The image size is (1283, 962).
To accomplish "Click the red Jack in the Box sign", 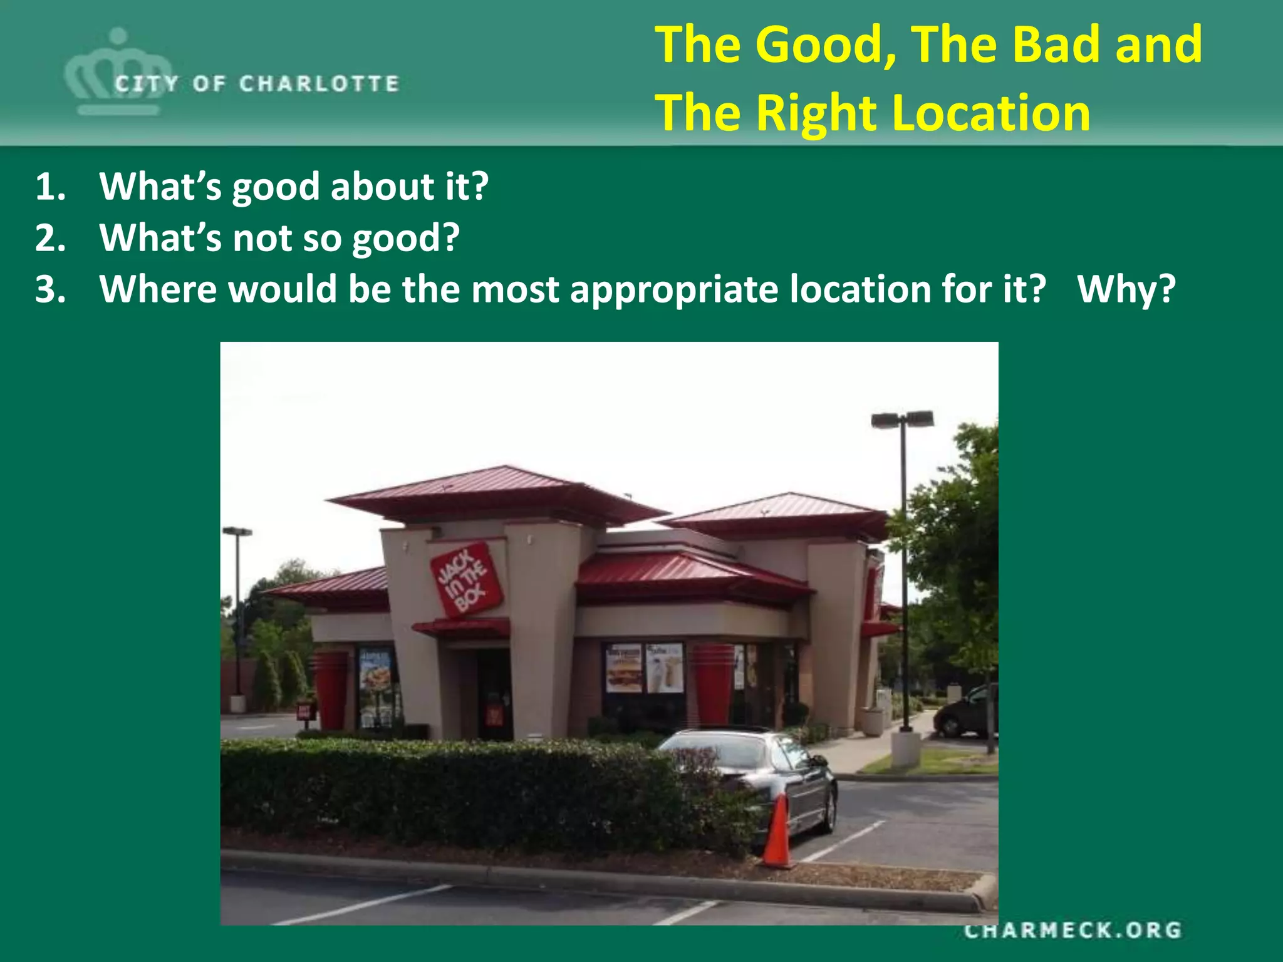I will click(x=467, y=579).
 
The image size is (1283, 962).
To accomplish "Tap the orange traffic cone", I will click(x=778, y=833).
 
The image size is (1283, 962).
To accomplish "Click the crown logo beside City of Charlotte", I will click(x=117, y=72).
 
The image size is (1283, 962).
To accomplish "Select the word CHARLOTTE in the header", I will click(x=319, y=83).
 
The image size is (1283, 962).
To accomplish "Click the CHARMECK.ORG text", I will click(x=1073, y=930).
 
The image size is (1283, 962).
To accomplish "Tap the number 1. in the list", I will click(x=50, y=187).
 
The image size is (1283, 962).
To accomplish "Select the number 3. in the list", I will click(x=50, y=289).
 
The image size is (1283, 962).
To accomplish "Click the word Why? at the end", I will click(x=1126, y=289).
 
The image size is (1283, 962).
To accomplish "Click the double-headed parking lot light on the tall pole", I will click(x=902, y=419).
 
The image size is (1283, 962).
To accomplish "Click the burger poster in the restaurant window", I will click(x=623, y=669).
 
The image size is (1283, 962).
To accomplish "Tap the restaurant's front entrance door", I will click(x=494, y=695).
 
